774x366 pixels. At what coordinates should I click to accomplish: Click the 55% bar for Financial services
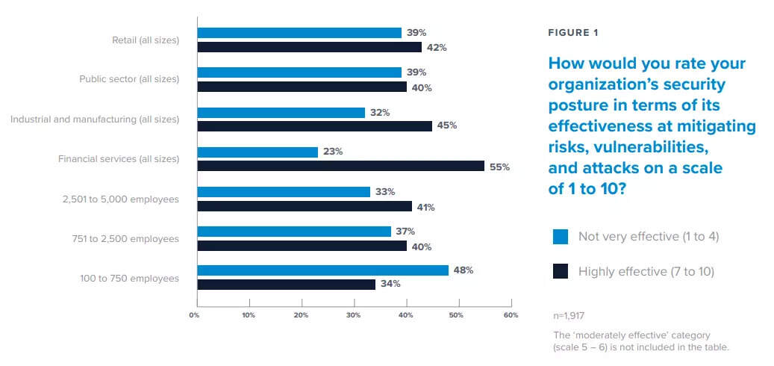tap(340, 167)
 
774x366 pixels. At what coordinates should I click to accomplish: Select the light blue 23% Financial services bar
tap(258, 152)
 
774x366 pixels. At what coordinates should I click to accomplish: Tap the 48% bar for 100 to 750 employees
tap(322, 270)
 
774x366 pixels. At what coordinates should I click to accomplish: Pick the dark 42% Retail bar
tap(309, 47)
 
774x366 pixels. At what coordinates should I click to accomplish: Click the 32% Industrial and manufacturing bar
tap(281, 112)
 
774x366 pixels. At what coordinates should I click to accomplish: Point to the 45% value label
tap(447, 125)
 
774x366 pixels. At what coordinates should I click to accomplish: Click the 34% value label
tap(390, 284)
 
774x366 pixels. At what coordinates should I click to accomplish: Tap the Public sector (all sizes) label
tap(129, 78)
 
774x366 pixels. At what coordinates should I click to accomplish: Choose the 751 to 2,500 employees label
tap(131, 238)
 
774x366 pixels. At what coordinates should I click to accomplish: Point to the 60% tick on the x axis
tap(511, 315)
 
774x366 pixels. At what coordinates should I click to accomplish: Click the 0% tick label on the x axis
tap(194, 315)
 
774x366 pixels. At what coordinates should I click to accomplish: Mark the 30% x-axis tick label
tap(353, 315)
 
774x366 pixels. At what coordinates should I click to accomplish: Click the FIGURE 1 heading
tap(573, 33)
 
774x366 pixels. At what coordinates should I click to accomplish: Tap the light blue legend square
tap(561, 237)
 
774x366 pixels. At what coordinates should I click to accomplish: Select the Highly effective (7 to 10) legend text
tap(646, 271)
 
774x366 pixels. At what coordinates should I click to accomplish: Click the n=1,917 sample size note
tap(569, 316)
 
